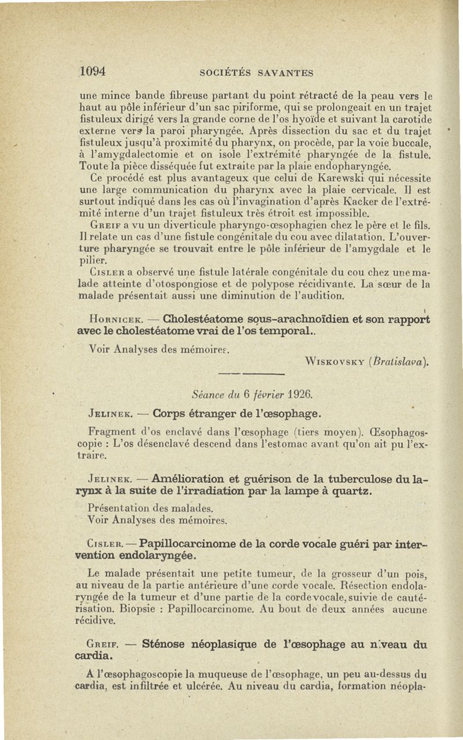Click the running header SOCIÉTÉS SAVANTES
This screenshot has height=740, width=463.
(256, 73)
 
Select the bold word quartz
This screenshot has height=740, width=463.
(350, 491)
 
